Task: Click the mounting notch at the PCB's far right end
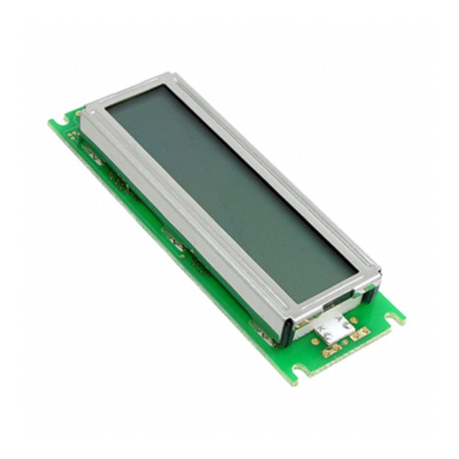coord(395,318)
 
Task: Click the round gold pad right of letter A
coord(354,321)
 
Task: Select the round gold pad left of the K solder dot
coord(315,341)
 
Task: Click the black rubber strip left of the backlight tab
coord(287,332)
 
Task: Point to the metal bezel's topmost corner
coord(172,73)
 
